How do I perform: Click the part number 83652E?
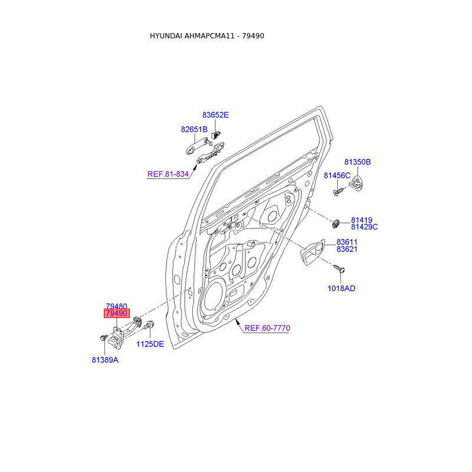(x=215, y=115)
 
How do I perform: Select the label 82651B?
(x=194, y=129)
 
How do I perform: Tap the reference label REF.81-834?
(x=168, y=174)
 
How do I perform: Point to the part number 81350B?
(x=358, y=162)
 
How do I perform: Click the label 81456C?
(x=337, y=175)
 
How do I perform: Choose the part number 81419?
(x=362, y=219)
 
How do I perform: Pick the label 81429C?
(x=365, y=227)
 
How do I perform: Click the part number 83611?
(x=347, y=242)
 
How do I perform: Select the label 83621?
(x=347, y=250)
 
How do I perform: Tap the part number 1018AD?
(x=342, y=289)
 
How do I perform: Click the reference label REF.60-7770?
(x=267, y=328)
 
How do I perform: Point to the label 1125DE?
(x=150, y=344)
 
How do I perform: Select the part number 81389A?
(x=105, y=360)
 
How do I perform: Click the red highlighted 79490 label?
(x=116, y=314)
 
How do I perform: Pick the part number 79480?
(x=116, y=306)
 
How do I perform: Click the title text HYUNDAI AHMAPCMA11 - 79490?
(x=207, y=36)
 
